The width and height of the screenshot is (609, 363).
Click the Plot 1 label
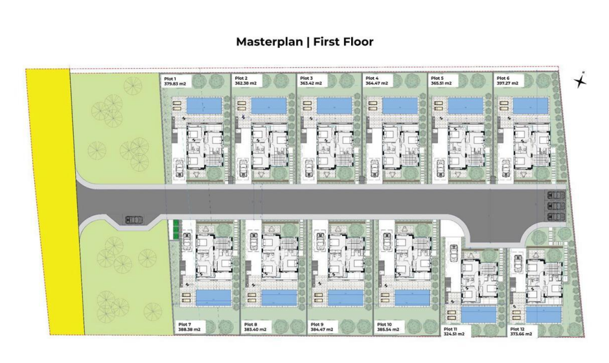point(170,79)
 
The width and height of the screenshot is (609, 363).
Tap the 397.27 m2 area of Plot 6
point(507,84)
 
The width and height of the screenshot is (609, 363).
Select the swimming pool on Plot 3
point(334,105)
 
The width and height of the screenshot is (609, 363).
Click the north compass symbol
point(580,80)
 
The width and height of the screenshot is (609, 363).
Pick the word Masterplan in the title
point(270,41)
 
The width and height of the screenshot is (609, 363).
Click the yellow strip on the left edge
point(55,202)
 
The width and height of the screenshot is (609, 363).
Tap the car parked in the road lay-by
point(134,220)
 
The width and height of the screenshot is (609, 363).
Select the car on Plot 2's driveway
point(244,169)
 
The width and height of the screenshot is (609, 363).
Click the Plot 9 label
point(317,325)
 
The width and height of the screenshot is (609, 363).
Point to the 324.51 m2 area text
point(454,334)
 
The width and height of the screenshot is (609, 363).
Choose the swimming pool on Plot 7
point(213,298)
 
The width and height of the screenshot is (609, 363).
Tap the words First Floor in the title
point(343,41)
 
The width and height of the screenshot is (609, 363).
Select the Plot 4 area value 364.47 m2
point(376,84)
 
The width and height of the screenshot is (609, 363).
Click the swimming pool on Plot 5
point(465,105)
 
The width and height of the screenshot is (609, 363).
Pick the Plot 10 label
point(384,325)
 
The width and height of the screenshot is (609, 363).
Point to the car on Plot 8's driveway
point(255,241)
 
